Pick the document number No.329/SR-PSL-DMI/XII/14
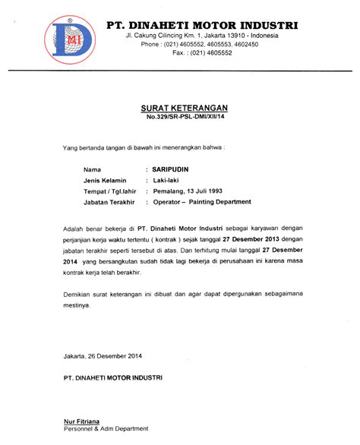(x=182, y=118)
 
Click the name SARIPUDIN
(x=170, y=167)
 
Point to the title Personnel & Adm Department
(x=106, y=429)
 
